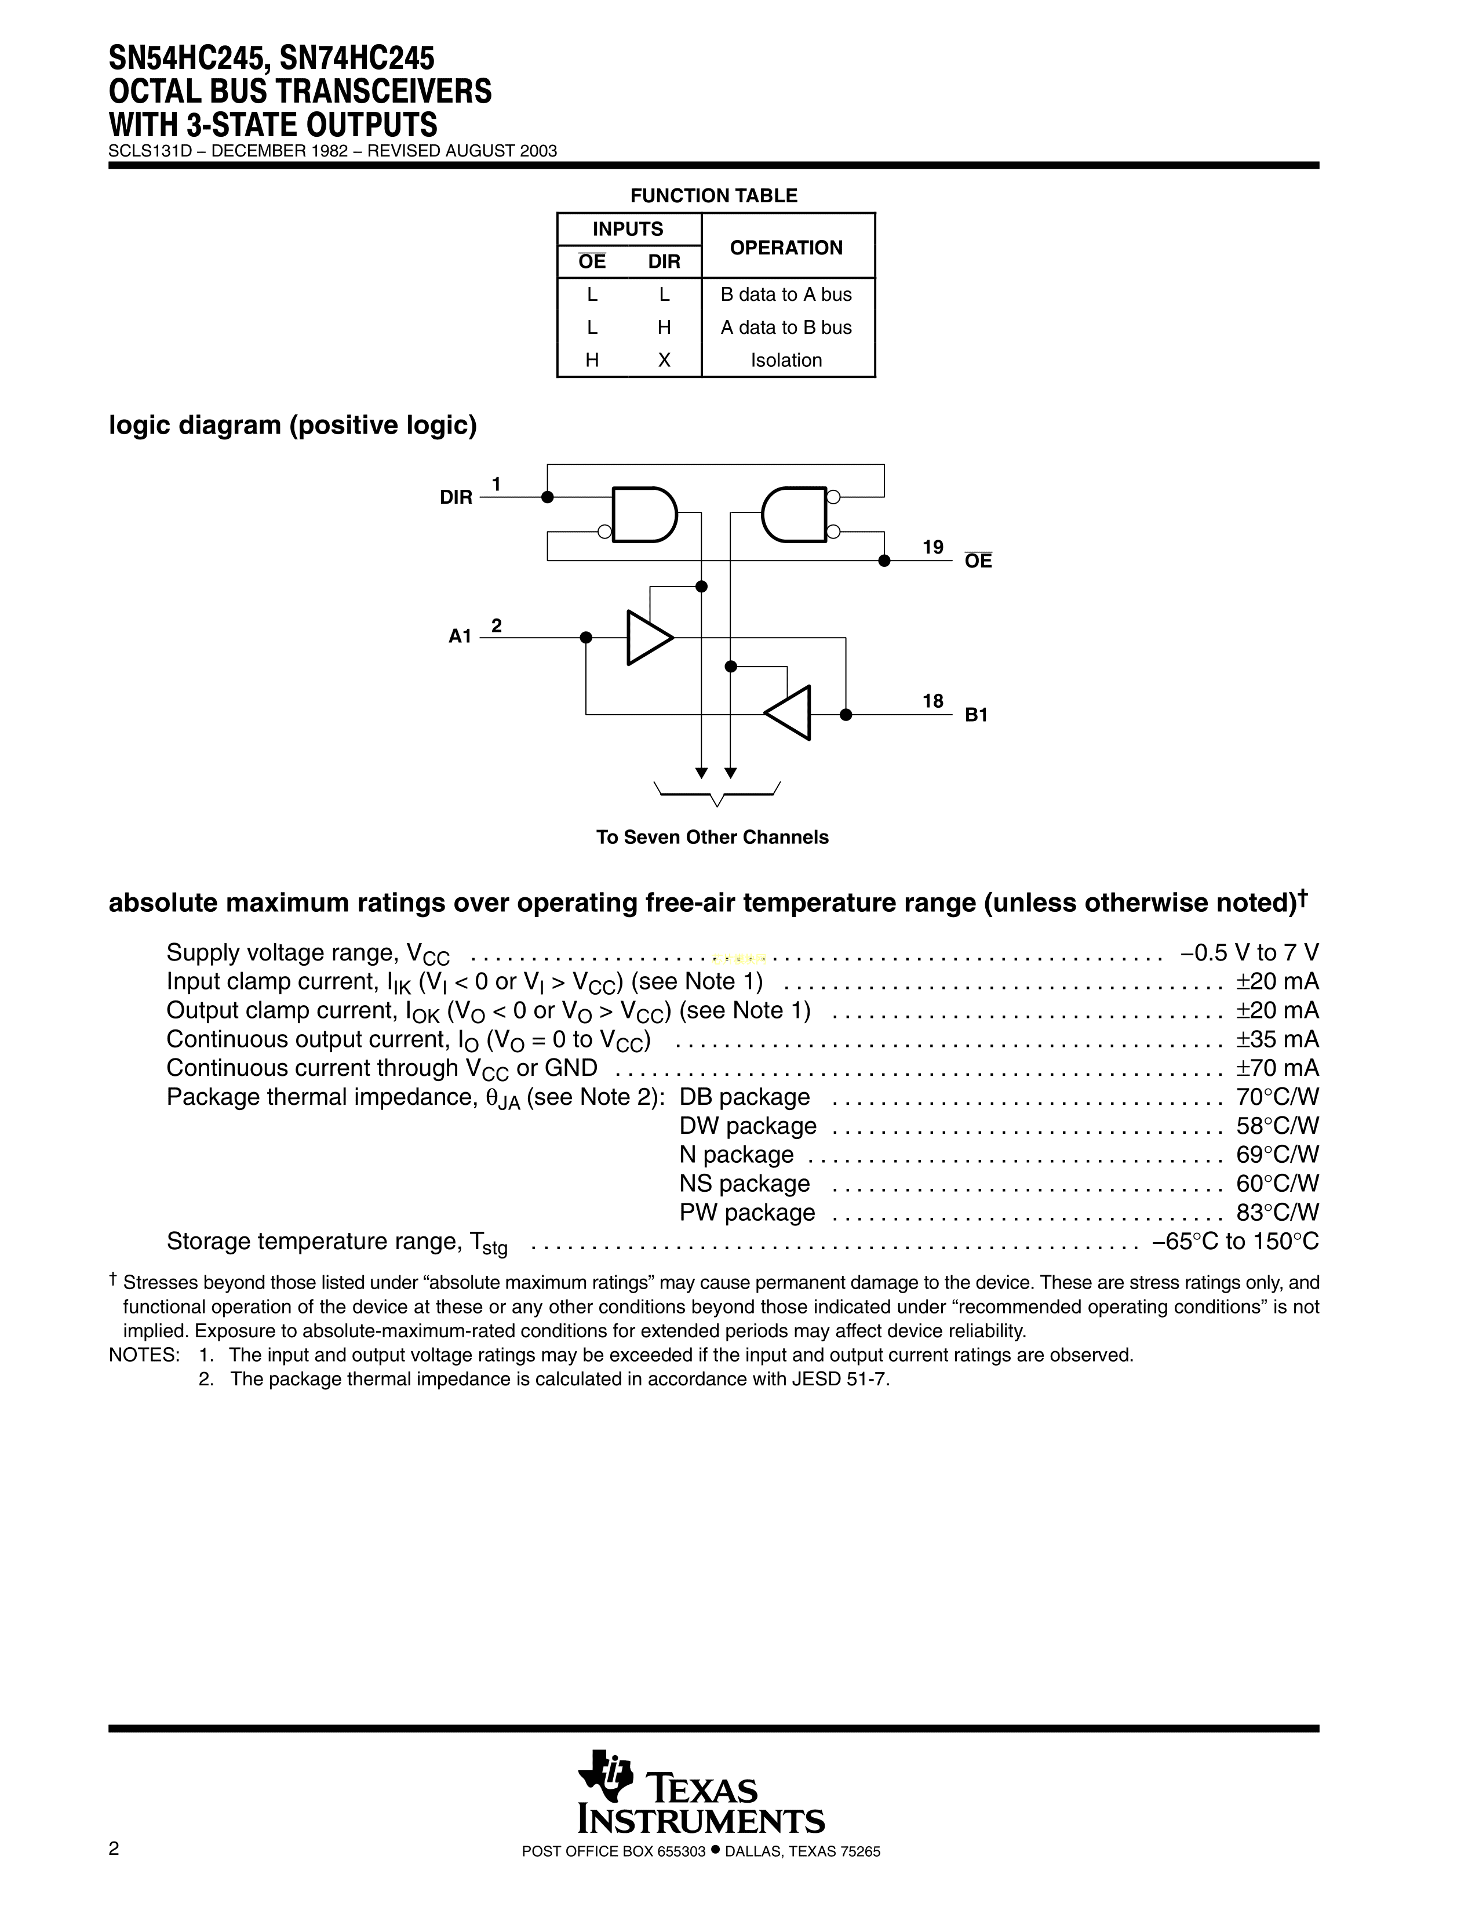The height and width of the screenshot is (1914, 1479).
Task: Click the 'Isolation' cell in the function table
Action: [x=786, y=360]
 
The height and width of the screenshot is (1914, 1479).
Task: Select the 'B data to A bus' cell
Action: [x=786, y=294]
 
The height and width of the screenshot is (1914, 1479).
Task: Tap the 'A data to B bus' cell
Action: [x=786, y=328]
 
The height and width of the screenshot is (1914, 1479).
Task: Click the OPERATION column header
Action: [x=786, y=248]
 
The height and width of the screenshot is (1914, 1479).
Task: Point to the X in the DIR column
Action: [x=664, y=360]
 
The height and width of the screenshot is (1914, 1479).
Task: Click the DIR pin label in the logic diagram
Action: [x=456, y=498]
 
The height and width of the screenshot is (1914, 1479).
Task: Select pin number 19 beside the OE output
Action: [x=932, y=548]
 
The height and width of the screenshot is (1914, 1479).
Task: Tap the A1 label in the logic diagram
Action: [x=460, y=636]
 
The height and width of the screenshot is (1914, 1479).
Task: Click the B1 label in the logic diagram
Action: [x=976, y=715]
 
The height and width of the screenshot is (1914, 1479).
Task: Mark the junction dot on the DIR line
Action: [x=548, y=497]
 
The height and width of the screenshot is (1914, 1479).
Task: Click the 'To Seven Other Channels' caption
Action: [x=712, y=837]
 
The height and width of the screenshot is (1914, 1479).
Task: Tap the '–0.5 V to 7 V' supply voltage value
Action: [x=1248, y=952]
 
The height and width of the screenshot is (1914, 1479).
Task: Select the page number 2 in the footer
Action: [x=114, y=1873]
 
